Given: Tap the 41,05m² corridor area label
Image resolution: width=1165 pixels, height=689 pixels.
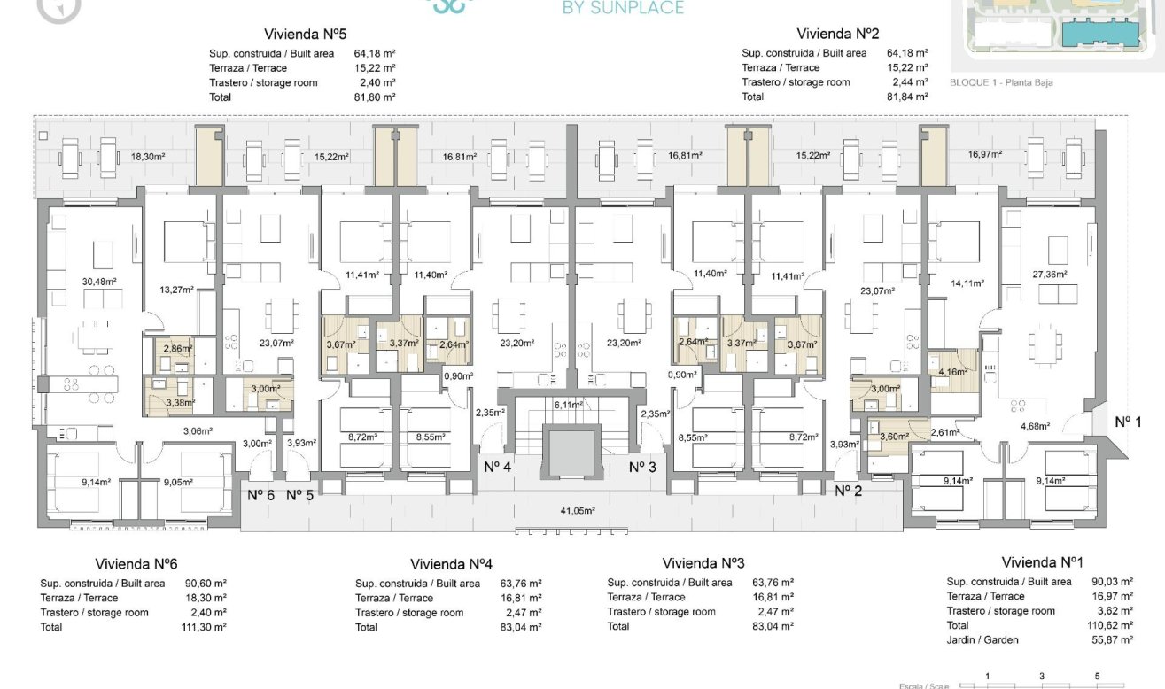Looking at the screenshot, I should coord(577,511).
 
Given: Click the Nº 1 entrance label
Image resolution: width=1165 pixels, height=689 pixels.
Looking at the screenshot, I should coord(1127,422).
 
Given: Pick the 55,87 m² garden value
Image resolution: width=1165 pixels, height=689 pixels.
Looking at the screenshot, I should coord(1113,640).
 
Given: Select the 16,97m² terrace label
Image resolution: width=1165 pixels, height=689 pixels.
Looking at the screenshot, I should coord(985,155).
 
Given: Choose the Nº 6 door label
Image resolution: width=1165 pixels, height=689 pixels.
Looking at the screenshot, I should coord(260,495).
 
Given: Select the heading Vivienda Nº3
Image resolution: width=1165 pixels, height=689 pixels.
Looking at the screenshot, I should coord(703,563).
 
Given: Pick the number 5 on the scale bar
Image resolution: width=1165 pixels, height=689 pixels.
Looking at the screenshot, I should coord(1097,677).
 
